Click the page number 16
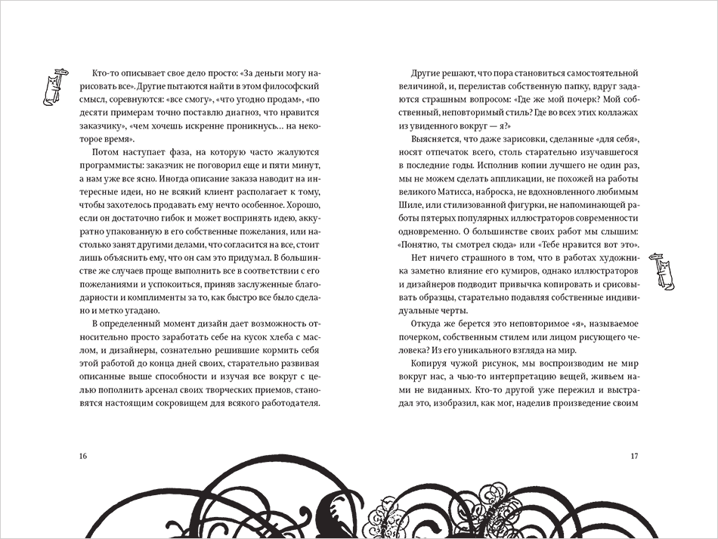click(82, 455)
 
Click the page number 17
click(634, 455)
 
